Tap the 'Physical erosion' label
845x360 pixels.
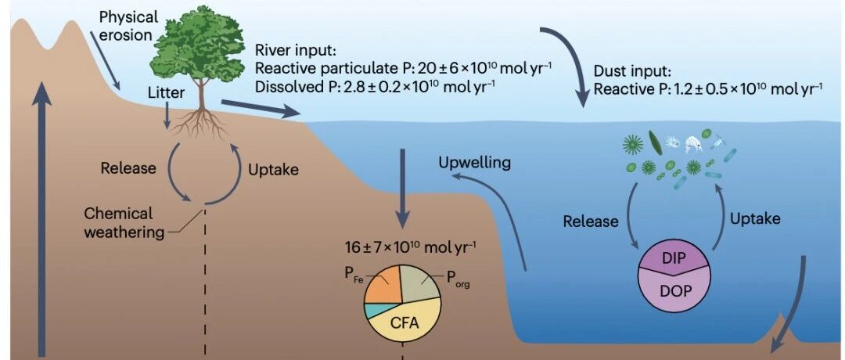128,25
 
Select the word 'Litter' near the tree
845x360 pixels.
167,93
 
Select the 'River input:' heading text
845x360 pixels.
295,52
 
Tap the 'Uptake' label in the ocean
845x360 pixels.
754,218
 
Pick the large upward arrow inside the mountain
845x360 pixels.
41,219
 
